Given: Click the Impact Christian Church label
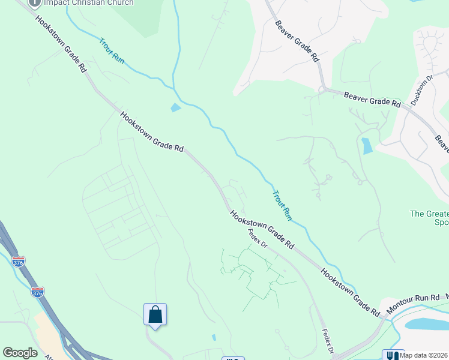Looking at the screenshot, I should click(x=89, y=2).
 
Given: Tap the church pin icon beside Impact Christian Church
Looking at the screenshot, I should click(x=35, y=2).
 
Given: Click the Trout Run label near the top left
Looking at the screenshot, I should click(x=112, y=52).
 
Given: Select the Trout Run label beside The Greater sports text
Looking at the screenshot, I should click(x=282, y=205).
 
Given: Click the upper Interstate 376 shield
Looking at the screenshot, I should click(x=19, y=262).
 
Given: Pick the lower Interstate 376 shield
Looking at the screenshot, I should click(x=38, y=292).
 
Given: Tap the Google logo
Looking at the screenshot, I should click(x=20, y=353).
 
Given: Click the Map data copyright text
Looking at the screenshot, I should click(x=424, y=355).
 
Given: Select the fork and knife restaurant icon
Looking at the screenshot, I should click(x=394, y=355).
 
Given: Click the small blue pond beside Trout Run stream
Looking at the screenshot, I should click(x=175, y=108).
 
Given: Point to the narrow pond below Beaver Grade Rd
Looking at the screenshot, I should click(x=367, y=146).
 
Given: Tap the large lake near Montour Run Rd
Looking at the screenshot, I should click(x=427, y=324).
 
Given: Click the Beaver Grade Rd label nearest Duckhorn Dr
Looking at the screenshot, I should click(x=372, y=99).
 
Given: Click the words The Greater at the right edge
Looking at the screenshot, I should click(x=429, y=214).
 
